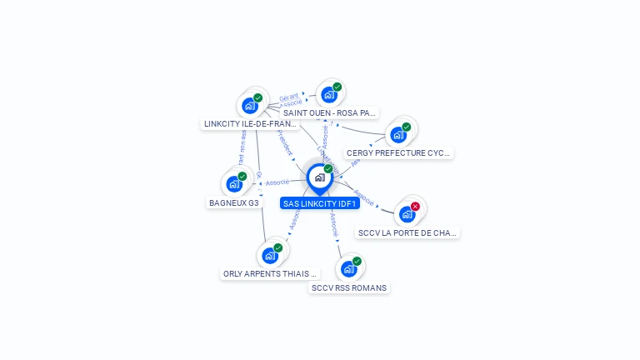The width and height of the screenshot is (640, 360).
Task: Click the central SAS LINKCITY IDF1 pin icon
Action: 319,177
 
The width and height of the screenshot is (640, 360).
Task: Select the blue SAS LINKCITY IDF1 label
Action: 320,203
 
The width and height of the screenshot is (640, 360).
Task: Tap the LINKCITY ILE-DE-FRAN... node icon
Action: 249,106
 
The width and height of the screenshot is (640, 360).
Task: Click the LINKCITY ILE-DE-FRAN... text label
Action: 251,124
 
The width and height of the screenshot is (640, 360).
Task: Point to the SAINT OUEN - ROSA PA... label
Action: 330,112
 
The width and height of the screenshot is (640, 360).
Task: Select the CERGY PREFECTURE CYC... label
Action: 398,153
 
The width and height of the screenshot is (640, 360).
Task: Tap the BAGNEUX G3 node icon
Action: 234,184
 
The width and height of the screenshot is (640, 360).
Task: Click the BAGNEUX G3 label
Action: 234,202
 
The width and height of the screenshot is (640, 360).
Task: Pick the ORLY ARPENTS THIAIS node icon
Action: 270,256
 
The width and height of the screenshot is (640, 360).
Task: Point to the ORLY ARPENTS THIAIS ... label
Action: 270,273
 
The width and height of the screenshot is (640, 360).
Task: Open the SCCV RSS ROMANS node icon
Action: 348,269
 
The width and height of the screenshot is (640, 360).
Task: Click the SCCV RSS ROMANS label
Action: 349,287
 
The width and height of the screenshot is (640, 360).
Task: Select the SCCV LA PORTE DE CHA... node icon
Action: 407,214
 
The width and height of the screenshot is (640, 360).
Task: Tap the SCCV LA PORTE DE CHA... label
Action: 407,232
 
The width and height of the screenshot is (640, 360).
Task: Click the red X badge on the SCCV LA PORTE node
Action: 415,206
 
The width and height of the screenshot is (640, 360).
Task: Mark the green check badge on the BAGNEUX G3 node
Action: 242,176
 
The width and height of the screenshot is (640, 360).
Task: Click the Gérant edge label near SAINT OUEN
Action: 288,97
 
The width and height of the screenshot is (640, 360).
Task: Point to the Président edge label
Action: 285,142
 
